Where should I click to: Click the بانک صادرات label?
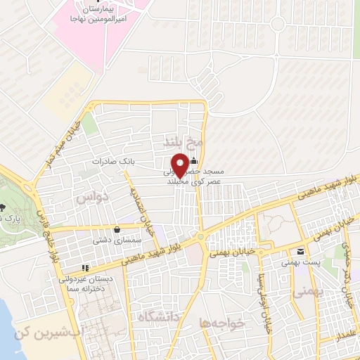(113, 162)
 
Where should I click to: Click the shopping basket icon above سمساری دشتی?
(116, 229)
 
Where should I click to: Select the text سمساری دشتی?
(116, 240)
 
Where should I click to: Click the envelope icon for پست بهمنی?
(300, 252)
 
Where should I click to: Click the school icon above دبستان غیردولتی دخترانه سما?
(85, 268)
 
